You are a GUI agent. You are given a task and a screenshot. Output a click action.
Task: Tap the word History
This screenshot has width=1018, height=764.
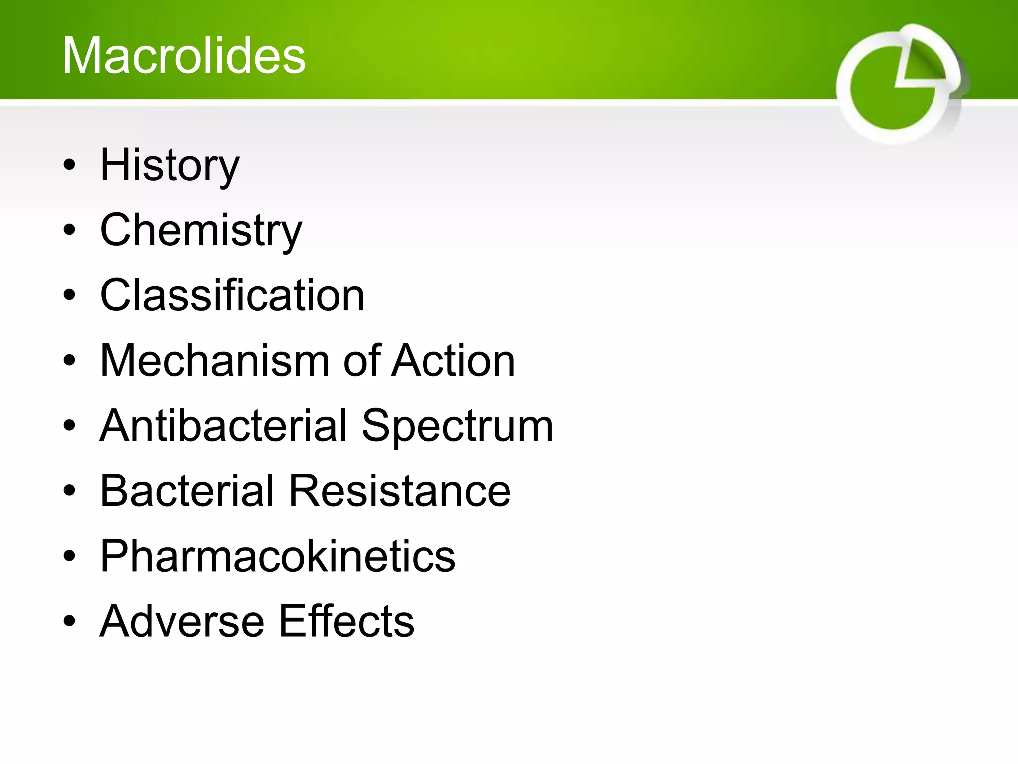[x=170, y=165]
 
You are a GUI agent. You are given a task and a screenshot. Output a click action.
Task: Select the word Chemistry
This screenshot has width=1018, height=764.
[x=201, y=230]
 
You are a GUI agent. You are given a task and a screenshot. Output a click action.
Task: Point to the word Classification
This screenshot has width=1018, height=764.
[x=232, y=295]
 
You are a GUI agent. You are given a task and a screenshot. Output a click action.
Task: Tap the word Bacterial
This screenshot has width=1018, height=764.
[x=187, y=491]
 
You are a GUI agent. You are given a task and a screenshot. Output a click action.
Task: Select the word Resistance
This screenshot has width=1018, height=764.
[x=400, y=491]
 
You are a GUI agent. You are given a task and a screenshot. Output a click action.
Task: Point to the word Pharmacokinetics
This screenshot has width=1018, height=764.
[x=277, y=556]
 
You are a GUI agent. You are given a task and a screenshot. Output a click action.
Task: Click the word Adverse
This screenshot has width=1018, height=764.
[x=182, y=621]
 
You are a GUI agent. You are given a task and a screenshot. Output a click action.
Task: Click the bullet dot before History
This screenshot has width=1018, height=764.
[x=70, y=166]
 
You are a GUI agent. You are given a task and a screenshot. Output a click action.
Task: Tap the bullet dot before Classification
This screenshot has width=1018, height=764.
[x=70, y=296]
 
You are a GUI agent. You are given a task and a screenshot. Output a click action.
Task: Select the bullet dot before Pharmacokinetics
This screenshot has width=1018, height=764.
[x=70, y=557]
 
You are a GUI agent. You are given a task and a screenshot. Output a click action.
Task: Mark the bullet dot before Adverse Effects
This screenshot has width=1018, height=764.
[x=70, y=622]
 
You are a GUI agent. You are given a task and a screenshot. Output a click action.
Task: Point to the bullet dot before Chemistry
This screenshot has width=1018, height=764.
[x=70, y=231]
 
